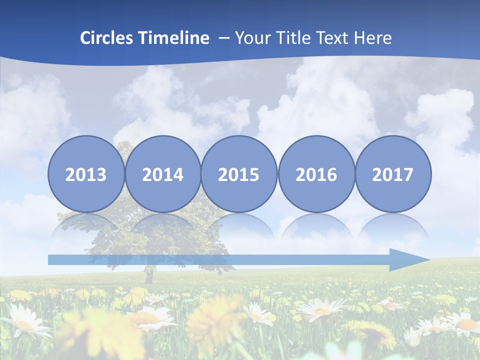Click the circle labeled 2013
(86, 174)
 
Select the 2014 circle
(162, 174)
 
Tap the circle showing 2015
(239, 174)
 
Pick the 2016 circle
(316, 174)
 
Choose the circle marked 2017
(392, 174)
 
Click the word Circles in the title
(107, 38)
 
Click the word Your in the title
(252, 38)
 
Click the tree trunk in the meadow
(148, 275)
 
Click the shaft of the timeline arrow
(215, 259)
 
